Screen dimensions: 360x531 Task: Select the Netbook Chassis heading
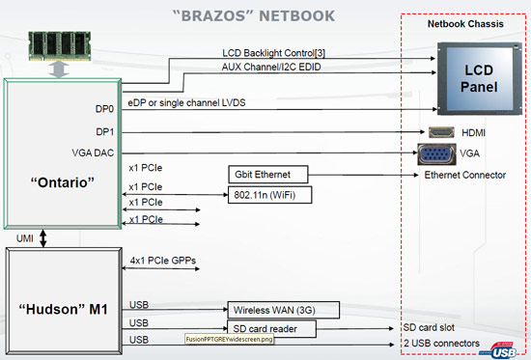465,22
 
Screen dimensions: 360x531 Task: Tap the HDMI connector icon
440,131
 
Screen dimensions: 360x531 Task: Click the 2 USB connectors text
440,344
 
